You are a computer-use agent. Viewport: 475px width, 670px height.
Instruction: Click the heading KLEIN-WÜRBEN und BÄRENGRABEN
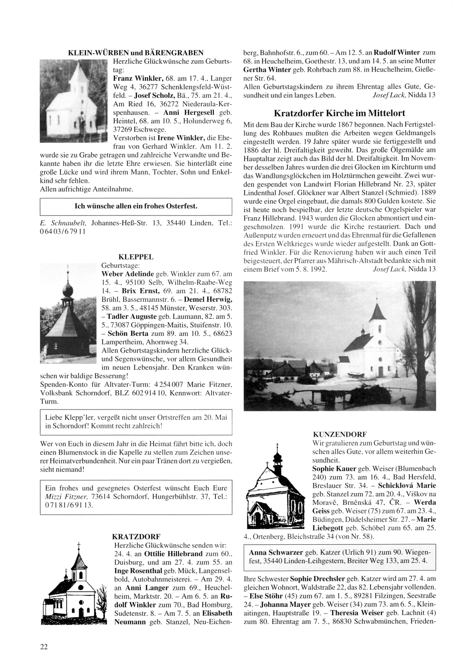pyautogui.click(x=136, y=53)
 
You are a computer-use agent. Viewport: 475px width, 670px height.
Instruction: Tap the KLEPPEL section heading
pyautogui.click(x=138, y=257)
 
